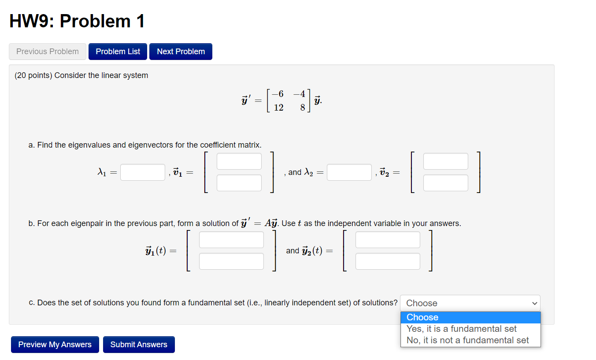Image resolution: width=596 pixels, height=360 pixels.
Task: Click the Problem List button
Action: click(x=118, y=52)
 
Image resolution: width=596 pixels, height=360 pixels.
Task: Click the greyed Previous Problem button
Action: click(x=48, y=52)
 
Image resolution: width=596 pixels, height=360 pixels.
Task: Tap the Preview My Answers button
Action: click(x=55, y=345)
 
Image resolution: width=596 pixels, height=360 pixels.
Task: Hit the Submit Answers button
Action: click(x=139, y=345)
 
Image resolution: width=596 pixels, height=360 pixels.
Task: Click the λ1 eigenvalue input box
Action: click(x=143, y=172)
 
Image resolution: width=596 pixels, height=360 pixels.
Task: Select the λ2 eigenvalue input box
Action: click(x=349, y=172)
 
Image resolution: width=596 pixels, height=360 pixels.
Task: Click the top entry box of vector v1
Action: click(x=239, y=161)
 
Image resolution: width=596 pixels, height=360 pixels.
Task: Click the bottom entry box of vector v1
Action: click(x=239, y=183)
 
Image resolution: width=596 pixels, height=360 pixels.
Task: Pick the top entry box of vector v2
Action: click(x=445, y=161)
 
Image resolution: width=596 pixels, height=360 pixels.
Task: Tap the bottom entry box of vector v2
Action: click(x=445, y=183)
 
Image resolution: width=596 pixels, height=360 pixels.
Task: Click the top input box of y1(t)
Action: click(x=231, y=240)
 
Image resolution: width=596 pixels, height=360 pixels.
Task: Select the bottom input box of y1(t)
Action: click(x=231, y=261)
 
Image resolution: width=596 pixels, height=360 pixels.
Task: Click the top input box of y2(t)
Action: click(x=388, y=240)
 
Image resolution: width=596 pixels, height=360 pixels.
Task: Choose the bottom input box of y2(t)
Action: click(x=388, y=261)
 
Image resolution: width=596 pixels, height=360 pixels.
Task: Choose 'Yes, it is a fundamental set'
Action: click(x=461, y=329)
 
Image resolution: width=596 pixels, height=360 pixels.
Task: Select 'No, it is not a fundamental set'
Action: click(x=467, y=340)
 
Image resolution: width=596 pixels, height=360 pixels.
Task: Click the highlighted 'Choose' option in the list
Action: click(x=470, y=317)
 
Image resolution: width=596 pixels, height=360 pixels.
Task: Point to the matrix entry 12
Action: click(x=278, y=108)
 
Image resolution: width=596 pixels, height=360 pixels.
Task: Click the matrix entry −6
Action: click(x=278, y=93)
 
